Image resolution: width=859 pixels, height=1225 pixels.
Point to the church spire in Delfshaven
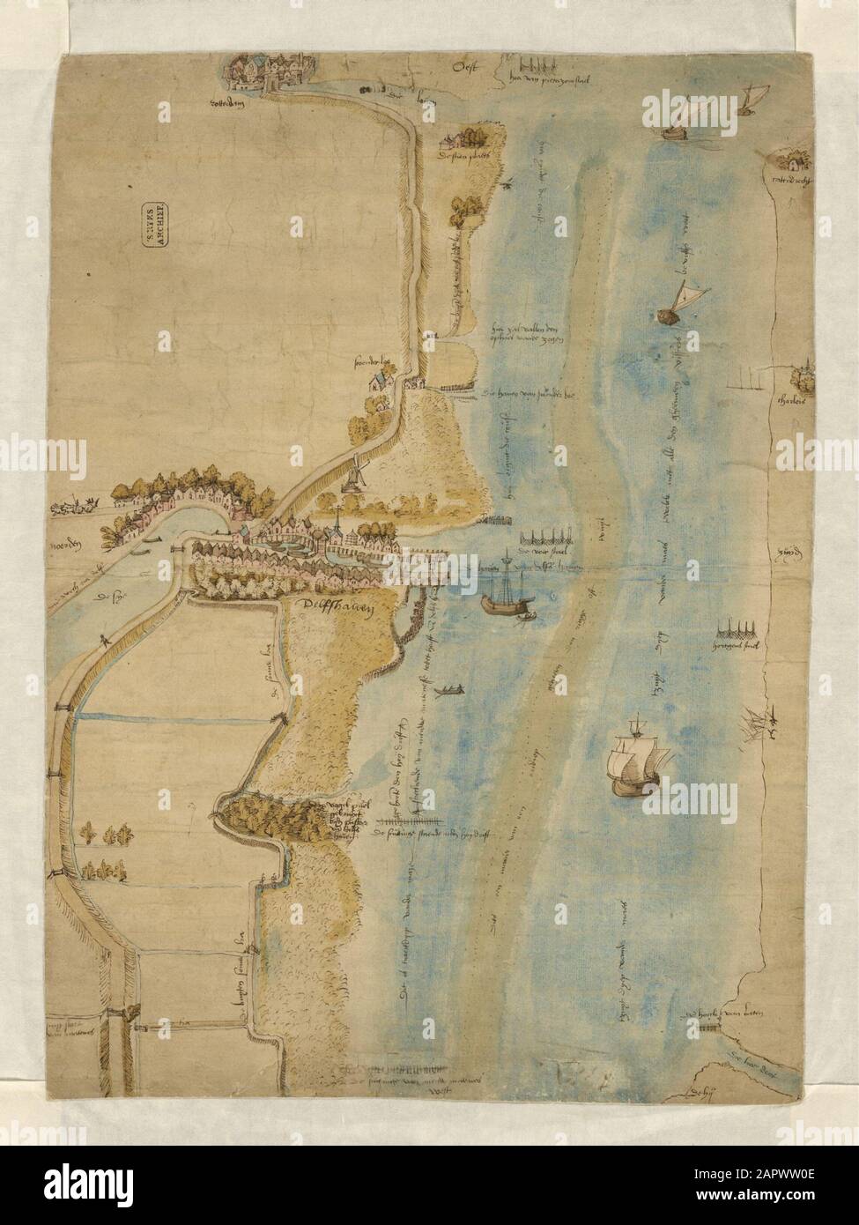(337, 523)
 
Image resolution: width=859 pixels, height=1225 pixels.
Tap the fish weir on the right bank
(737, 632)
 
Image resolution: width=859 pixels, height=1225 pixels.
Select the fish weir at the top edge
(536, 66)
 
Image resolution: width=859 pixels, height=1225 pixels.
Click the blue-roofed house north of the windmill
(378, 381)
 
